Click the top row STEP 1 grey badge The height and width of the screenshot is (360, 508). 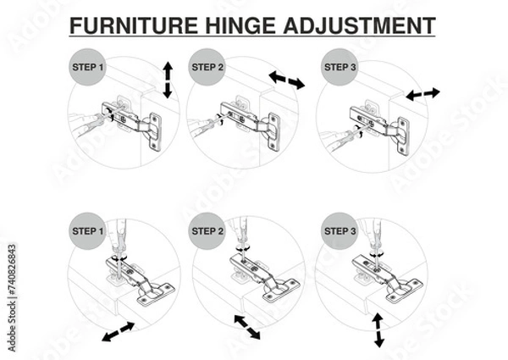[x=86, y=67]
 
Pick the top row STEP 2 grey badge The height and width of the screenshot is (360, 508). [x=208, y=67]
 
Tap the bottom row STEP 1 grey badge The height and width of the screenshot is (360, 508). [x=86, y=230]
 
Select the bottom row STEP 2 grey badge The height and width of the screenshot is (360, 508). [x=208, y=230]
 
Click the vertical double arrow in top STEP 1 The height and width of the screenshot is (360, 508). [x=167, y=80]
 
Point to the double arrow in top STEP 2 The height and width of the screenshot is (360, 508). [x=286, y=80]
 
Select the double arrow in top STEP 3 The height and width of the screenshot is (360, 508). [x=422, y=93]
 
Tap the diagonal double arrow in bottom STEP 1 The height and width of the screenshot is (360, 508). [x=118, y=331]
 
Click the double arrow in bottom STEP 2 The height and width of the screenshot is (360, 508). [x=246, y=326]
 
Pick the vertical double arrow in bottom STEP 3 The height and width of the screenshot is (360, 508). [x=379, y=330]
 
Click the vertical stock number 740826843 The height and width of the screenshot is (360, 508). [x=10, y=279]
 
